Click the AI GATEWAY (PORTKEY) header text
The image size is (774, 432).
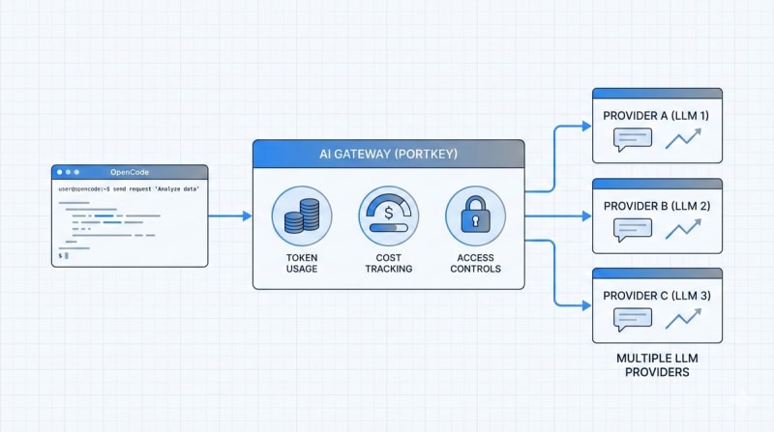[x=389, y=154]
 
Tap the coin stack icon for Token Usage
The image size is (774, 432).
[x=302, y=216]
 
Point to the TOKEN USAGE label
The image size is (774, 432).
[x=302, y=263]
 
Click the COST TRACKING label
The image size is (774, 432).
[x=389, y=263]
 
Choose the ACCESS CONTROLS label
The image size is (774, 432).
[x=475, y=263]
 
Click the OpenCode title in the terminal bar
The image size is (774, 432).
[x=130, y=172]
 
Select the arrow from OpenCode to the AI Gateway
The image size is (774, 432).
[x=230, y=216]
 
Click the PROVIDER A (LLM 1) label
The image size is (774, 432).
[x=656, y=115]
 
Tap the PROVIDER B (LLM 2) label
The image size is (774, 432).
[x=657, y=206]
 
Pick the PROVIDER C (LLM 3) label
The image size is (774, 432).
[x=657, y=296]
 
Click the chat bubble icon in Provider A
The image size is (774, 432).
[x=633, y=140]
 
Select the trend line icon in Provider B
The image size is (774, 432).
[x=683, y=229]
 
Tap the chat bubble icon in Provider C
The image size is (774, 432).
[x=633, y=320]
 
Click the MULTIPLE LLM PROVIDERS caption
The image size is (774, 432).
[x=657, y=365]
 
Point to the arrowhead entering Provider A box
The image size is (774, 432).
[x=587, y=127]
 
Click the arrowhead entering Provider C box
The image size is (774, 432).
[x=587, y=305]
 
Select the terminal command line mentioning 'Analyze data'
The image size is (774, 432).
[x=129, y=188]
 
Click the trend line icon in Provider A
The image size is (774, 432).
[x=683, y=138]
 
